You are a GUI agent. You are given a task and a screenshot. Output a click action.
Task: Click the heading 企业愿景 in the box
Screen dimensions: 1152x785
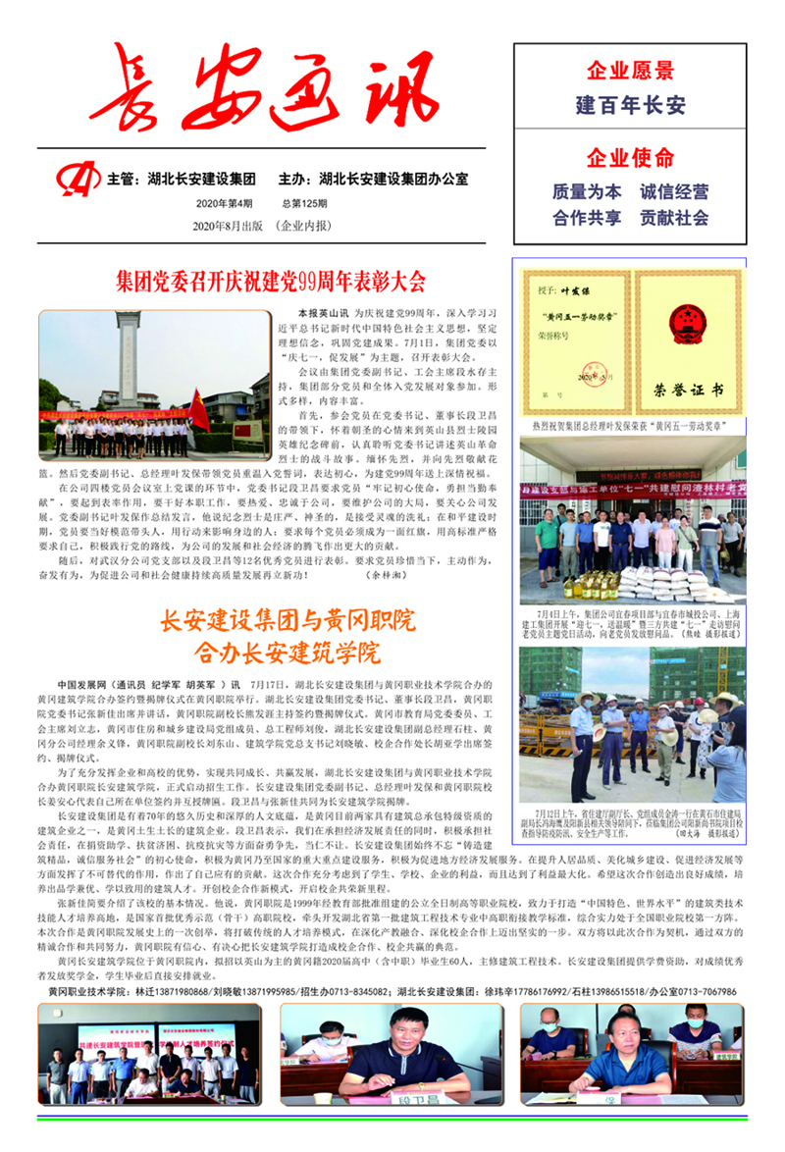point(630,71)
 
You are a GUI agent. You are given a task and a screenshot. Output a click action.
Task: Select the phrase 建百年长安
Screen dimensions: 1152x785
point(630,104)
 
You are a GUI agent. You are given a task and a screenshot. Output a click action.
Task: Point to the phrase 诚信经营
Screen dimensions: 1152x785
point(674,191)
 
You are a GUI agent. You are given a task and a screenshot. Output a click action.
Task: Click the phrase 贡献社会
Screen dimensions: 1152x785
point(674,218)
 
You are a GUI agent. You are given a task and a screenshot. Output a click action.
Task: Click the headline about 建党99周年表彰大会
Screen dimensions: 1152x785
point(270,283)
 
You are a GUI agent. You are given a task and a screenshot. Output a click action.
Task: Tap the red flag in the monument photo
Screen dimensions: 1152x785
point(200,410)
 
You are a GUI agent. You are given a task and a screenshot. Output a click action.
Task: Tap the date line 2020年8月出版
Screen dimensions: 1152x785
point(229,226)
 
